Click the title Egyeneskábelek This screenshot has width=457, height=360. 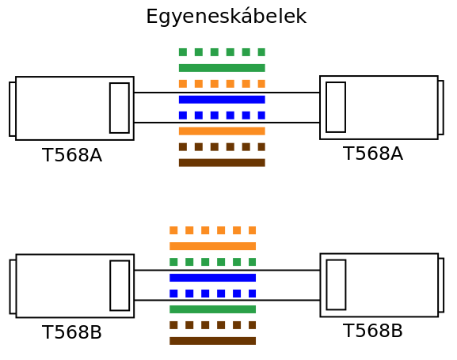click(227, 17)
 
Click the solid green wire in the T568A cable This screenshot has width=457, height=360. click(222, 68)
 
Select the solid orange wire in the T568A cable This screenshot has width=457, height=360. click(222, 131)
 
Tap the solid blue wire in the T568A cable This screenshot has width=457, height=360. click(222, 100)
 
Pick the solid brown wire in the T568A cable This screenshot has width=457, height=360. click(222, 162)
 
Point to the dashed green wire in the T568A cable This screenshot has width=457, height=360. click(222, 52)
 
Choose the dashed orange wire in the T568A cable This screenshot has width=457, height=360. click(222, 84)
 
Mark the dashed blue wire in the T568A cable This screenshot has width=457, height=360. click(222, 116)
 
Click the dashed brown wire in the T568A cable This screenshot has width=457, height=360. click(222, 147)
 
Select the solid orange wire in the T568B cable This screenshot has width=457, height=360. click(213, 246)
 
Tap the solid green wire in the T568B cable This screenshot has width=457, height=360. click(213, 309)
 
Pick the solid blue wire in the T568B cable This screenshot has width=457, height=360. click(213, 278)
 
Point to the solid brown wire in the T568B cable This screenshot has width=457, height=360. click(213, 341)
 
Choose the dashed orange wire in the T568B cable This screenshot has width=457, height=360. click(213, 230)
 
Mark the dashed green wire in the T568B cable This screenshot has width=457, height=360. click(213, 262)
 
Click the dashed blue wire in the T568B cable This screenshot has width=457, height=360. click(213, 294)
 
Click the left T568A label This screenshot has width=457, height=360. click(72, 155)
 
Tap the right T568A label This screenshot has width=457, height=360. click(373, 153)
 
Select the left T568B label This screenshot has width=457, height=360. click(72, 332)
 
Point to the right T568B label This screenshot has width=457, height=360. click(373, 331)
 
